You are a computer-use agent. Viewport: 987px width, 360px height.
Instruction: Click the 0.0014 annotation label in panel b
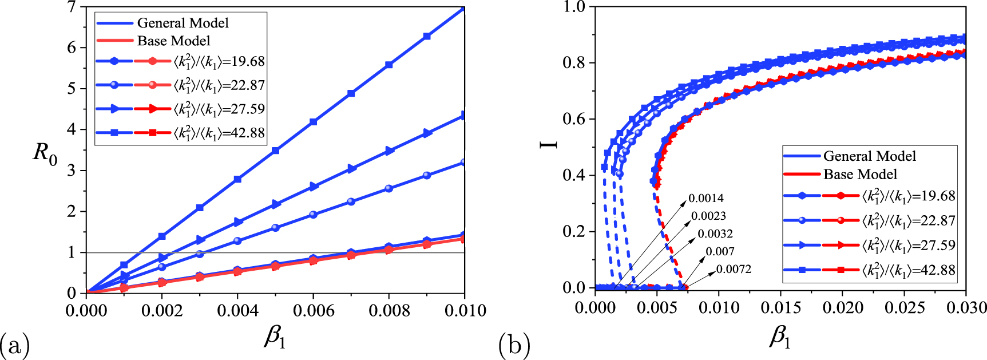(705, 199)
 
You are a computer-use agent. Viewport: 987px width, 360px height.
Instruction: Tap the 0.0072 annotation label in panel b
(734, 270)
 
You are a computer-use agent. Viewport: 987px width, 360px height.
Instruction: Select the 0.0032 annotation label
(715, 234)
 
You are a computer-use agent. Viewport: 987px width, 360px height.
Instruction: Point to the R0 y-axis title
(45, 153)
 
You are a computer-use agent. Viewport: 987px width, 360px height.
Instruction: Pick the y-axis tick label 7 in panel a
(71, 7)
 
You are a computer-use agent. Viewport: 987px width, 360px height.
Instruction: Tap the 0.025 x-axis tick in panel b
(904, 308)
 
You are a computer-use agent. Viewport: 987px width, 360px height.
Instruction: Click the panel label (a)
(14, 345)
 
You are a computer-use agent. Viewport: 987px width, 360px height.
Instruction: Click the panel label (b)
(514, 345)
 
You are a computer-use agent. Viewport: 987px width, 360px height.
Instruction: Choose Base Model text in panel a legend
(173, 41)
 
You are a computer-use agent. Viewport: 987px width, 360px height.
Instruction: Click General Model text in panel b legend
(869, 156)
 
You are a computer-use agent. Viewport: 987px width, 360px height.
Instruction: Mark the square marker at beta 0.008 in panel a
(389, 65)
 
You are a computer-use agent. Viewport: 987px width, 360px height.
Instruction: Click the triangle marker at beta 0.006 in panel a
(314, 187)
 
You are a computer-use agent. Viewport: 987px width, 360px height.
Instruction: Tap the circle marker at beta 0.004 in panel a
(237, 241)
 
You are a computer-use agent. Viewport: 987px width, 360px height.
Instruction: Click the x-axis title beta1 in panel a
(275, 338)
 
